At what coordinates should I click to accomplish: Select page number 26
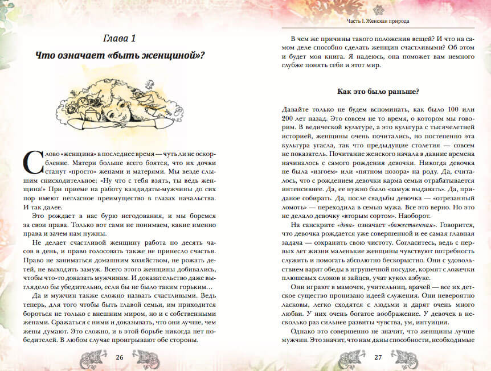pos(120,357)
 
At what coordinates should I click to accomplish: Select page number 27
pos(378,357)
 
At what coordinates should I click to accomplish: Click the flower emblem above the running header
pos(379,9)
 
